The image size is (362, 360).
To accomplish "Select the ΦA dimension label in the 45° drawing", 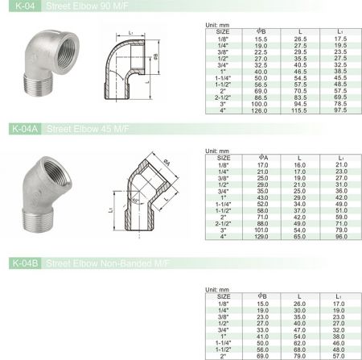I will pos(166,163).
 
